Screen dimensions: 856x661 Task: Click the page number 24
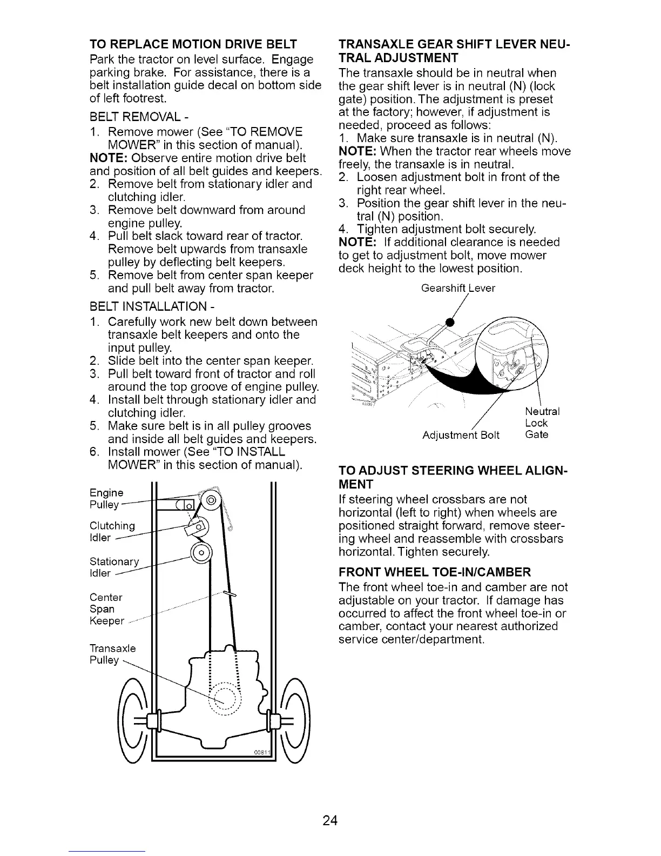click(330, 821)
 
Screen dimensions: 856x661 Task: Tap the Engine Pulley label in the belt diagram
click(106, 499)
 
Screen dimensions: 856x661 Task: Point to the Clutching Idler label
click(112, 532)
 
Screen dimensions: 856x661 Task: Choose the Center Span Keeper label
click(106, 609)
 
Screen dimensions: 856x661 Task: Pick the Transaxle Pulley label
click(112, 654)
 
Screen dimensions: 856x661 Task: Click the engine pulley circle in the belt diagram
click(210, 500)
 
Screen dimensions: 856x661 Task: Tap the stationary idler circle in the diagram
click(202, 553)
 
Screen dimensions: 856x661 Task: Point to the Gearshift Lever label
click(457, 289)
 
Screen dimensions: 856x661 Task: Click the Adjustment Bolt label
click(461, 435)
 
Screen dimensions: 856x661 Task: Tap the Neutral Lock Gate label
click(542, 423)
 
